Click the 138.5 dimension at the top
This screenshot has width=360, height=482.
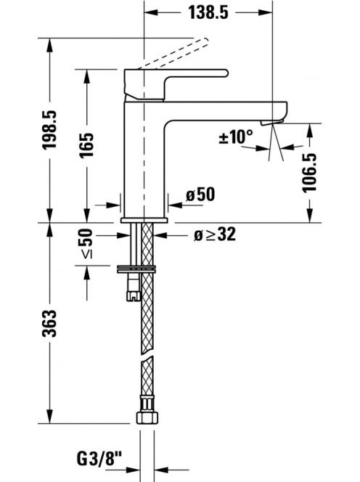(208, 12)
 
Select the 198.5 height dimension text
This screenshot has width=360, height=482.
(49, 130)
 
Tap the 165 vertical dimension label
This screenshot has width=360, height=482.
(86, 145)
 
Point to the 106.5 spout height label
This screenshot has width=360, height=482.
(310, 173)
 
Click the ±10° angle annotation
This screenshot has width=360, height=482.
(236, 136)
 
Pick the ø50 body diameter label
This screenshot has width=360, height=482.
(200, 195)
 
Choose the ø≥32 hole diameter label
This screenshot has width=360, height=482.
(215, 234)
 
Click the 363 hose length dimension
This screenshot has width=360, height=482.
(49, 323)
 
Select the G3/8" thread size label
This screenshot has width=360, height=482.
(99, 459)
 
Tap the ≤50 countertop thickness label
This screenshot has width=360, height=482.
(86, 243)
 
